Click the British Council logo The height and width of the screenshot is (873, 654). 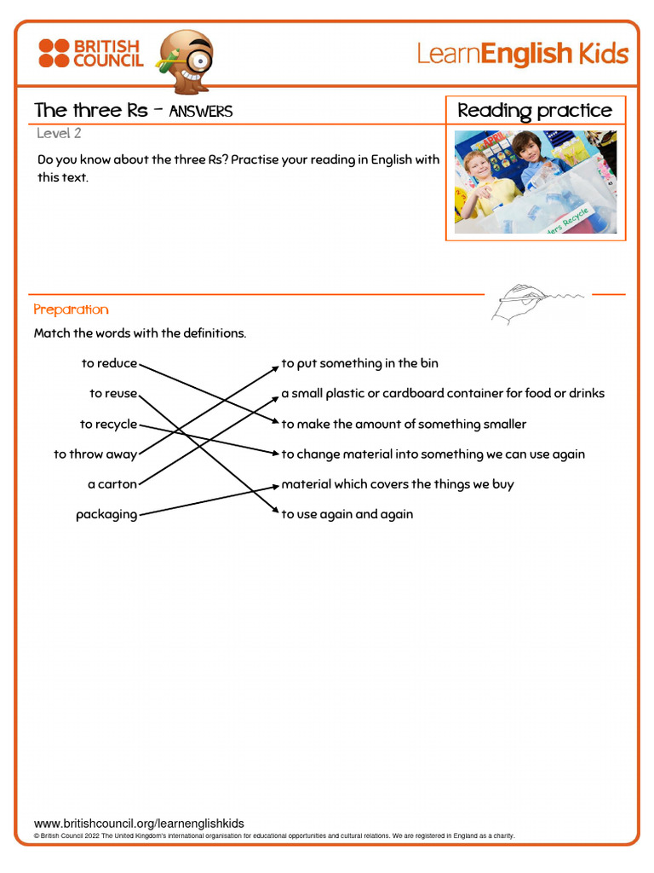[x=89, y=53]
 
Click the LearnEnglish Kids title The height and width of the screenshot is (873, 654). [x=522, y=55]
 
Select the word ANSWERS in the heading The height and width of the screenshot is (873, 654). [x=201, y=112]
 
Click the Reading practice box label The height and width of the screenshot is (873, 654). [x=535, y=111]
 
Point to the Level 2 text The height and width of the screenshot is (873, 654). [x=59, y=133]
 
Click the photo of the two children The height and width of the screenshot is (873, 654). [x=535, y=182]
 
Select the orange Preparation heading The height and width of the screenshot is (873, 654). [x=71, y=309]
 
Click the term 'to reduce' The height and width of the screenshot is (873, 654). [x=109, y=364]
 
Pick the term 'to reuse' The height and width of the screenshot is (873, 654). [x=113, y=394]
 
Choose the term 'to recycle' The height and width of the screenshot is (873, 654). [x=108, y=425]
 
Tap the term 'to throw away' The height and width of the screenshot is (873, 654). [x=95, y=454]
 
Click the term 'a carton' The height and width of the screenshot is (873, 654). [x=112, y=484]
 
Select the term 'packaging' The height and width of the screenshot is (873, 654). [x=106, y=515]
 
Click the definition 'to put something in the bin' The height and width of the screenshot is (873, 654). [x=360, y=364]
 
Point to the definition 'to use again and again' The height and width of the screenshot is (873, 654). [x=347, y=514]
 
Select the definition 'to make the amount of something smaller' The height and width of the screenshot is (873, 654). [x=404, y=425]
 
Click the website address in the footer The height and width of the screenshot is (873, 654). [x=139, y=824]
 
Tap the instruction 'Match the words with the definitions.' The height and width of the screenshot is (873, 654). [x=140, y=333]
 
